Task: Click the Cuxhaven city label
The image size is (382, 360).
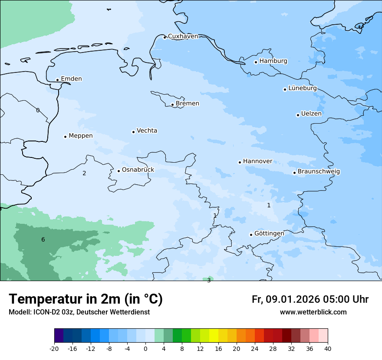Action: point(183,36)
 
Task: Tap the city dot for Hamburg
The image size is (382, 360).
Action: point(256,62)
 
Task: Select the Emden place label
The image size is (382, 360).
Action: point(71,79)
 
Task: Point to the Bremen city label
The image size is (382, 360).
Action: point(188,104)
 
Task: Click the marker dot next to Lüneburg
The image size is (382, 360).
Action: point(285,89)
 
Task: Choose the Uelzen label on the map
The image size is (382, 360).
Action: point(311,114)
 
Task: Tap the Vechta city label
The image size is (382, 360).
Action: point(147,131)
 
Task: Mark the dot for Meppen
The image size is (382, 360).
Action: point(65,137)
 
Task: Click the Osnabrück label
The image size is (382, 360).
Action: point(138,170)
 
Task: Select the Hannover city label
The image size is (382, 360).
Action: point(257,161)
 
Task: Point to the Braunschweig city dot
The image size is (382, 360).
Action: point(294,173)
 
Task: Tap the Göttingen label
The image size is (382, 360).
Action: point(269,234)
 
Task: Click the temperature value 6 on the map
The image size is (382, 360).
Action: point(43,240)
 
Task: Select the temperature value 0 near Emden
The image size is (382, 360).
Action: point(38,111)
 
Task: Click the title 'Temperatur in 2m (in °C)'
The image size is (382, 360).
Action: point(86,299)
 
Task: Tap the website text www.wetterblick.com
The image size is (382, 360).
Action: point(313,312)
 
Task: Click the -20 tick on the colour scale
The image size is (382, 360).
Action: point(54,349)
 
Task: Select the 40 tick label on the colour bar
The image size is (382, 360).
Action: point(327,349)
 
